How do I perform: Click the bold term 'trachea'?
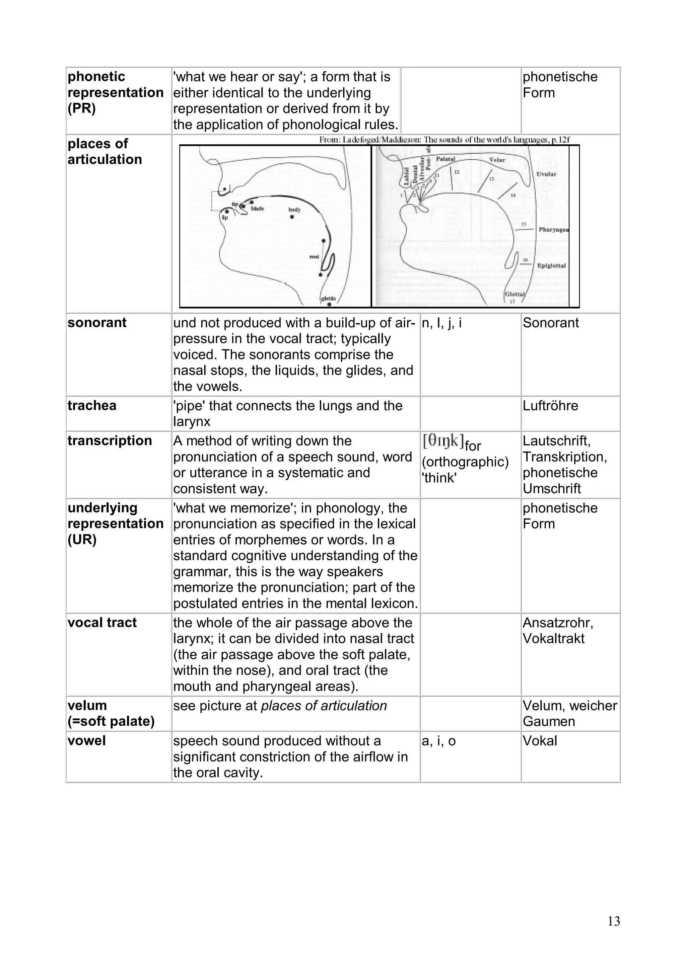92,406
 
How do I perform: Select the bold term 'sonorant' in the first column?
97,323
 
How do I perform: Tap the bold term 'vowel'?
86,741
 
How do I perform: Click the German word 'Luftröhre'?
550,406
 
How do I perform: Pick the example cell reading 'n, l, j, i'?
442,323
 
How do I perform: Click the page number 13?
614,921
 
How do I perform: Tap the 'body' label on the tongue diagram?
295,210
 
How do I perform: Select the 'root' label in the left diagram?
314,256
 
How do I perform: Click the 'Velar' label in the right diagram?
497,160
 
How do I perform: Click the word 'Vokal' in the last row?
540,741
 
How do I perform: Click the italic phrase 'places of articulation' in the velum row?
324,706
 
